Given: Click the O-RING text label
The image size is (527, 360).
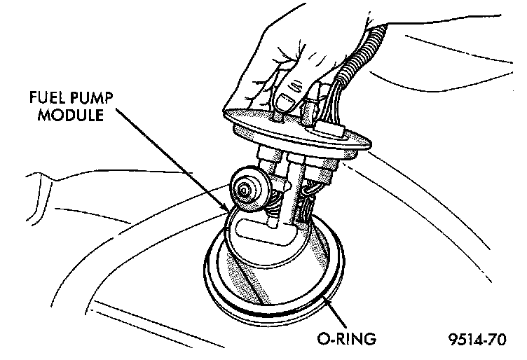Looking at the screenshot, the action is coord(345,341).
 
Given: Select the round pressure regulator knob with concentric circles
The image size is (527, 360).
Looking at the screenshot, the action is coord(245,189).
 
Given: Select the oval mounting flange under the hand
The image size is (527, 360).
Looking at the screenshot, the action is coord(357,144).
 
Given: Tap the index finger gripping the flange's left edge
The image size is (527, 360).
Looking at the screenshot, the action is coord(242,105).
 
